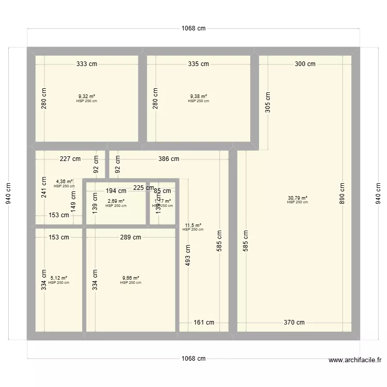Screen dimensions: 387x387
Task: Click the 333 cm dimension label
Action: [x=87, y=64]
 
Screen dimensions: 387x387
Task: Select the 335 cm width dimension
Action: [x=199, y=64]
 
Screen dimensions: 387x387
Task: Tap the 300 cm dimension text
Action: [x=305, y=64]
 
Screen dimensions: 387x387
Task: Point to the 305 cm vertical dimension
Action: [x=267, y=105]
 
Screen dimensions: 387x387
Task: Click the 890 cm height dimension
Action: [x=342, y=194]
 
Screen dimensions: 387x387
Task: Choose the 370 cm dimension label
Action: [x=294, y=322]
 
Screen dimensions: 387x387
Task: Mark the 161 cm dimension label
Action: [x=204, y=322]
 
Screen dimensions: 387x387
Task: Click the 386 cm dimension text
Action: [x=169, y=159]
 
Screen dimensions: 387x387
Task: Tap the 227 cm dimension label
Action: [x=70, y=159]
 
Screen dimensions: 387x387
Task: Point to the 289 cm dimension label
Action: [x=131, y=237]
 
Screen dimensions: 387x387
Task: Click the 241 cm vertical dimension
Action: [x=44, y=185]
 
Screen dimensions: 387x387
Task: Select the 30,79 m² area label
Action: [x=298, y=198]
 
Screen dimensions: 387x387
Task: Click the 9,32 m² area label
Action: [x=87, y=96]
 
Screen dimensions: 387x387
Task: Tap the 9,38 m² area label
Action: [x=199, y=96]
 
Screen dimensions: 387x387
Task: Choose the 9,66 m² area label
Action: [x=131, y=278]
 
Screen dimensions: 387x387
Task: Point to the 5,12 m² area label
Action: [x=59, y=278]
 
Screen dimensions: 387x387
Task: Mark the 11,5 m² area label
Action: [x=193, y=225]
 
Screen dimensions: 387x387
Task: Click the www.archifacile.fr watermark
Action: [x=354, y=360]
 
